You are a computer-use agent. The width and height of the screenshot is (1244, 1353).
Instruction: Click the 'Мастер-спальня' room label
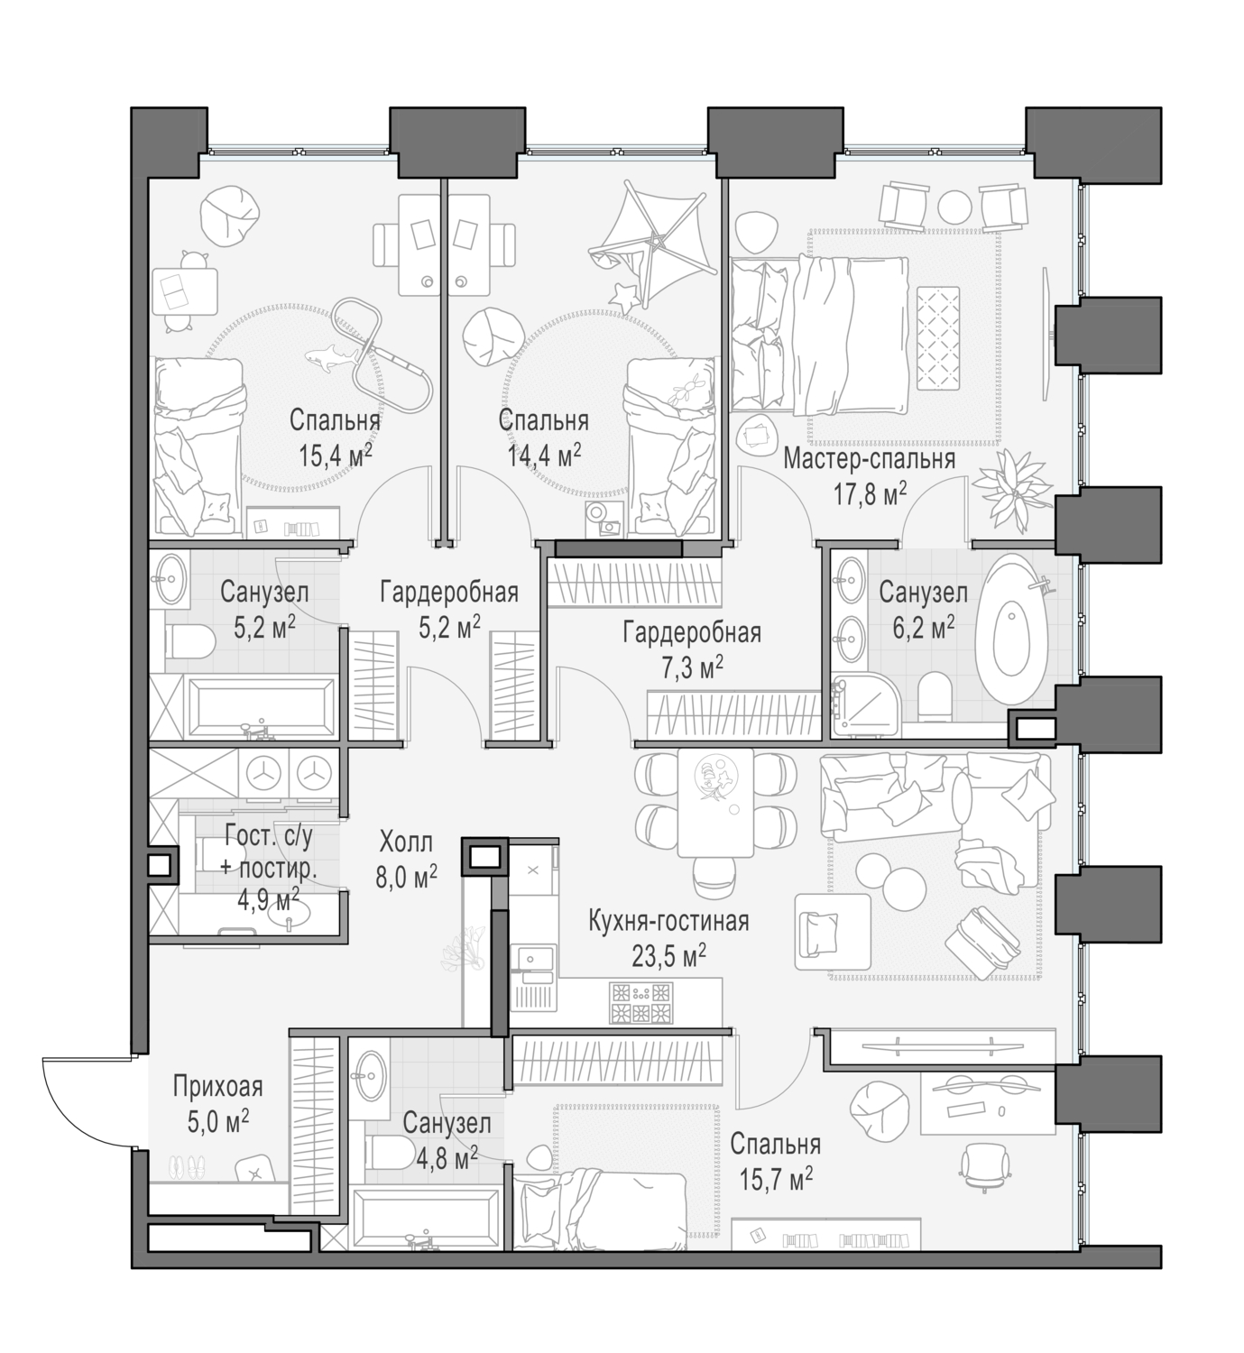click(868, 459)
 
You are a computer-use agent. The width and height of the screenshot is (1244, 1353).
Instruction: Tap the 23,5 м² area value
click(668, 955)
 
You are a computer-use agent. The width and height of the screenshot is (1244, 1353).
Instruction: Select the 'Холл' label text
click(406, 842)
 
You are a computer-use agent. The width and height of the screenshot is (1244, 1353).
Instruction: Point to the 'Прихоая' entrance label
click(217, 1087)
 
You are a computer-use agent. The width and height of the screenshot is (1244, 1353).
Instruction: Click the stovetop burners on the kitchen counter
click(641, 1003)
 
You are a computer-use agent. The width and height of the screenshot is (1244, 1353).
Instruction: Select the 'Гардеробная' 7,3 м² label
click(691, 633)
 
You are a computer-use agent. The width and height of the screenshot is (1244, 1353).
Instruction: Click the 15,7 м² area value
click(776, 1176)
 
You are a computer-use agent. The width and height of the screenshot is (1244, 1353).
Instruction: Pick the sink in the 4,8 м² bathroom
click(371, 1070)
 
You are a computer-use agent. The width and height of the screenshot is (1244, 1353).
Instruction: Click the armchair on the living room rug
click(832, 928)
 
